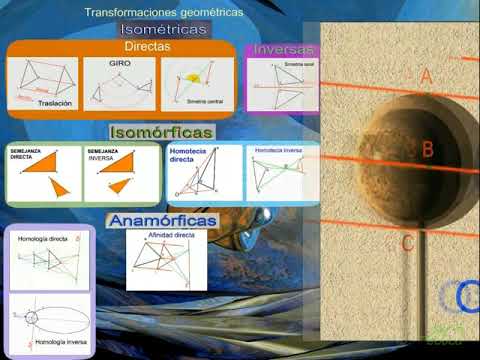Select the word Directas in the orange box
point(147,46)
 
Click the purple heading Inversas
point(284,49)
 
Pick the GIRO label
point(120,62)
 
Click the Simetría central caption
point(204,101)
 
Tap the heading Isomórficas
point(160,132)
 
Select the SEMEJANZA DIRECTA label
point(28,153)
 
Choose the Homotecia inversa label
point(278,150)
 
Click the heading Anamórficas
point(163,219)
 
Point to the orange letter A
point(426,76)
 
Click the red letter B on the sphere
point(427,150)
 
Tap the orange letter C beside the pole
point(407,242)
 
